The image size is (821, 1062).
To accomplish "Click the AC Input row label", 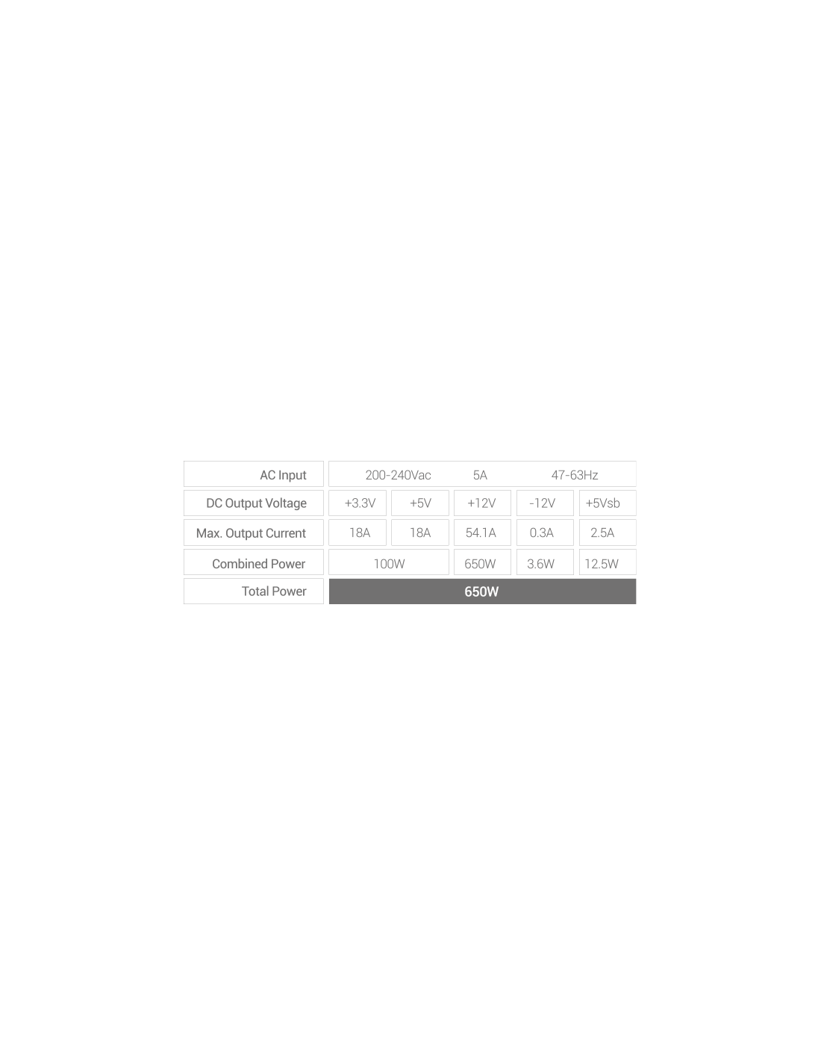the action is (x=282, y=475).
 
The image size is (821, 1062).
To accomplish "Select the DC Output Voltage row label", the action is (x=256, y=503).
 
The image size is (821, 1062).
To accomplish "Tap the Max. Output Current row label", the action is (x=251, y=533).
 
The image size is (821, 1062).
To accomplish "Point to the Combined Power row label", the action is (x=258, y=564).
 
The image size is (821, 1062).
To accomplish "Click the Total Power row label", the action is (x=273, y=591).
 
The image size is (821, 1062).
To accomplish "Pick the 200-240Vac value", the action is (x=398, y=475).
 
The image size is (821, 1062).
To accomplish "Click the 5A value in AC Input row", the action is (x=480, y=475).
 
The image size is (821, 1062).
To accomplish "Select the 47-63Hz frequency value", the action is (x=575, y=475).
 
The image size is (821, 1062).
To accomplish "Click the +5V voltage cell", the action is (x=420, y=503).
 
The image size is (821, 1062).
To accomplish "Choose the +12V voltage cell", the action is (x=481, y=503).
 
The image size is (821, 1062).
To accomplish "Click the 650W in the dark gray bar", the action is (x=481, y=591).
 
